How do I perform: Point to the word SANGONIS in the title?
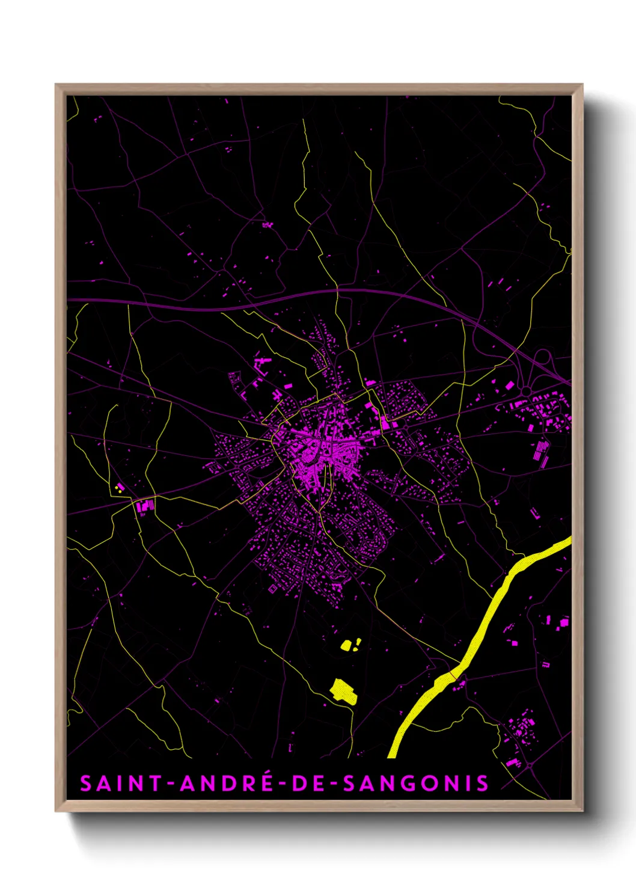415,784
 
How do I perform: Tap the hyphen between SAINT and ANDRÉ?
171,784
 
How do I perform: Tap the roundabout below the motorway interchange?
526,391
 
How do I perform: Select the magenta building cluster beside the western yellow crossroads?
145,506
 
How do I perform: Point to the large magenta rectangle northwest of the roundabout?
510,385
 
